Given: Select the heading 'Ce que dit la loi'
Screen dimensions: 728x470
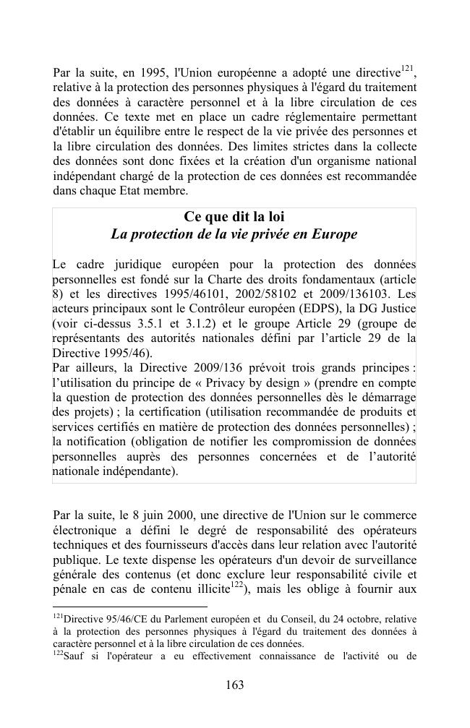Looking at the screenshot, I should point(234,217).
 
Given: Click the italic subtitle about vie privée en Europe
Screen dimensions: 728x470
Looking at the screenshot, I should point(234,235).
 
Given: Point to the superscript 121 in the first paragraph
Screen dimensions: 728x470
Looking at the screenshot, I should point(407,69).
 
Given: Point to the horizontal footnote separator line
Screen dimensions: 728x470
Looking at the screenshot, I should point(130,607).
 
